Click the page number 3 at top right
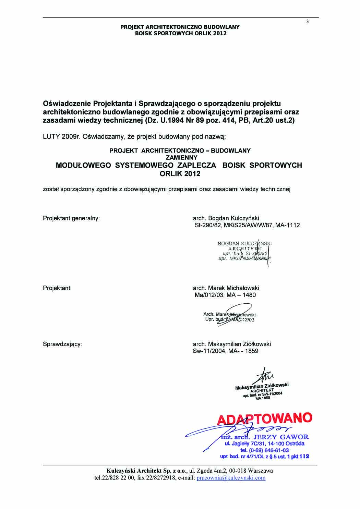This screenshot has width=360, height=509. (x=308, y=22)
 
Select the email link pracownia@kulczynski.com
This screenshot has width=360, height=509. (x=231, y=478)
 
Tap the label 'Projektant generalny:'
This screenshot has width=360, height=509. (x=71, y=218)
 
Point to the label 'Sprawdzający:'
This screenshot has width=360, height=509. (x=62, y=344)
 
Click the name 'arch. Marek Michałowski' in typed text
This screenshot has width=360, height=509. (x=226, y=288)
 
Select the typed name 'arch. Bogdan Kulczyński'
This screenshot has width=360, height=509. (x=226, y=218)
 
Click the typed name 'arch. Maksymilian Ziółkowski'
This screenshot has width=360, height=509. (x=232, y=344)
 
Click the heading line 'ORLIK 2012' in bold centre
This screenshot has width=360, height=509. (x=180, y=174)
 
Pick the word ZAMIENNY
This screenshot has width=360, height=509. (x=180, y=158)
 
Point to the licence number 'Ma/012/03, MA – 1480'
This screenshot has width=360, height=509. (x=225, y=295)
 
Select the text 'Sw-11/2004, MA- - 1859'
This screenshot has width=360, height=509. (x=226, y=351)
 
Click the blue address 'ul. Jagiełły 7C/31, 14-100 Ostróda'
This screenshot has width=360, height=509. (x=264, y=444)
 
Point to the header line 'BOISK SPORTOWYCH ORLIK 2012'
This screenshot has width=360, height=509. (x=180, y=33)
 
